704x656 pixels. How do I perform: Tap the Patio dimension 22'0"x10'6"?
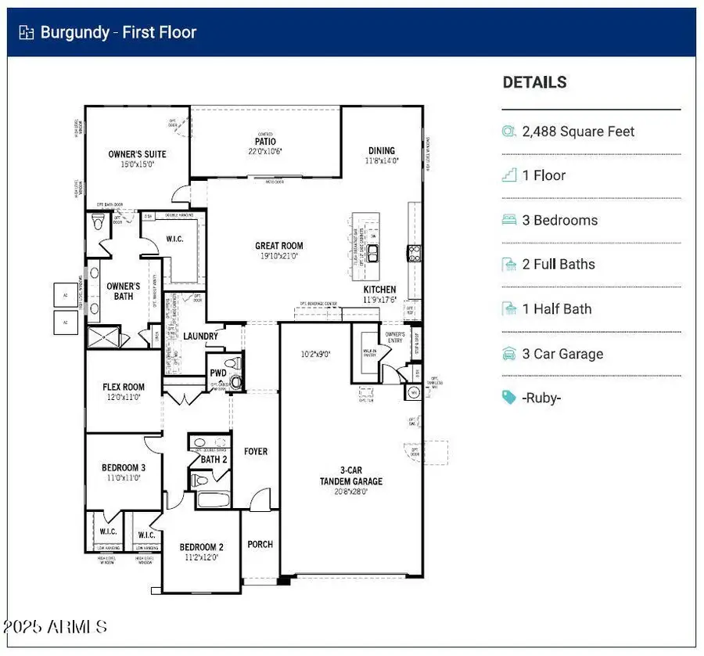pos(265,151)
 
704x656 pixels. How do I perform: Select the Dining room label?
pos(382,150)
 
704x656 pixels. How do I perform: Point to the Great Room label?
pos(278,246)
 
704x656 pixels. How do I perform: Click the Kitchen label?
pos(379,290)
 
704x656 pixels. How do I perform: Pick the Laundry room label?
pos(200,337)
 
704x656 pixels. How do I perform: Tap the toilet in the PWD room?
pos(235,380)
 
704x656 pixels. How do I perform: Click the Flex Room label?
pos(124,387)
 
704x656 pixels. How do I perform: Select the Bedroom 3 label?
pos(123,468)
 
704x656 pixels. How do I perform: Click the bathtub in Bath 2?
pos(213,499)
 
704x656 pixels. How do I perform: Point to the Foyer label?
pos(255,452)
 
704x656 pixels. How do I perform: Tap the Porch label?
pos(260,544)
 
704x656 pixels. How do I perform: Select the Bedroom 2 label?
pos(202,547)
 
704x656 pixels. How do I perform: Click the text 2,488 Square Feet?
pos(578,132)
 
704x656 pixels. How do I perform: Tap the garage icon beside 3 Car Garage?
pos(509,354)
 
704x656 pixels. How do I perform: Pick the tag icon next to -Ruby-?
pos(509,398)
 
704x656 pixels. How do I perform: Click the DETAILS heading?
pos(534,82)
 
